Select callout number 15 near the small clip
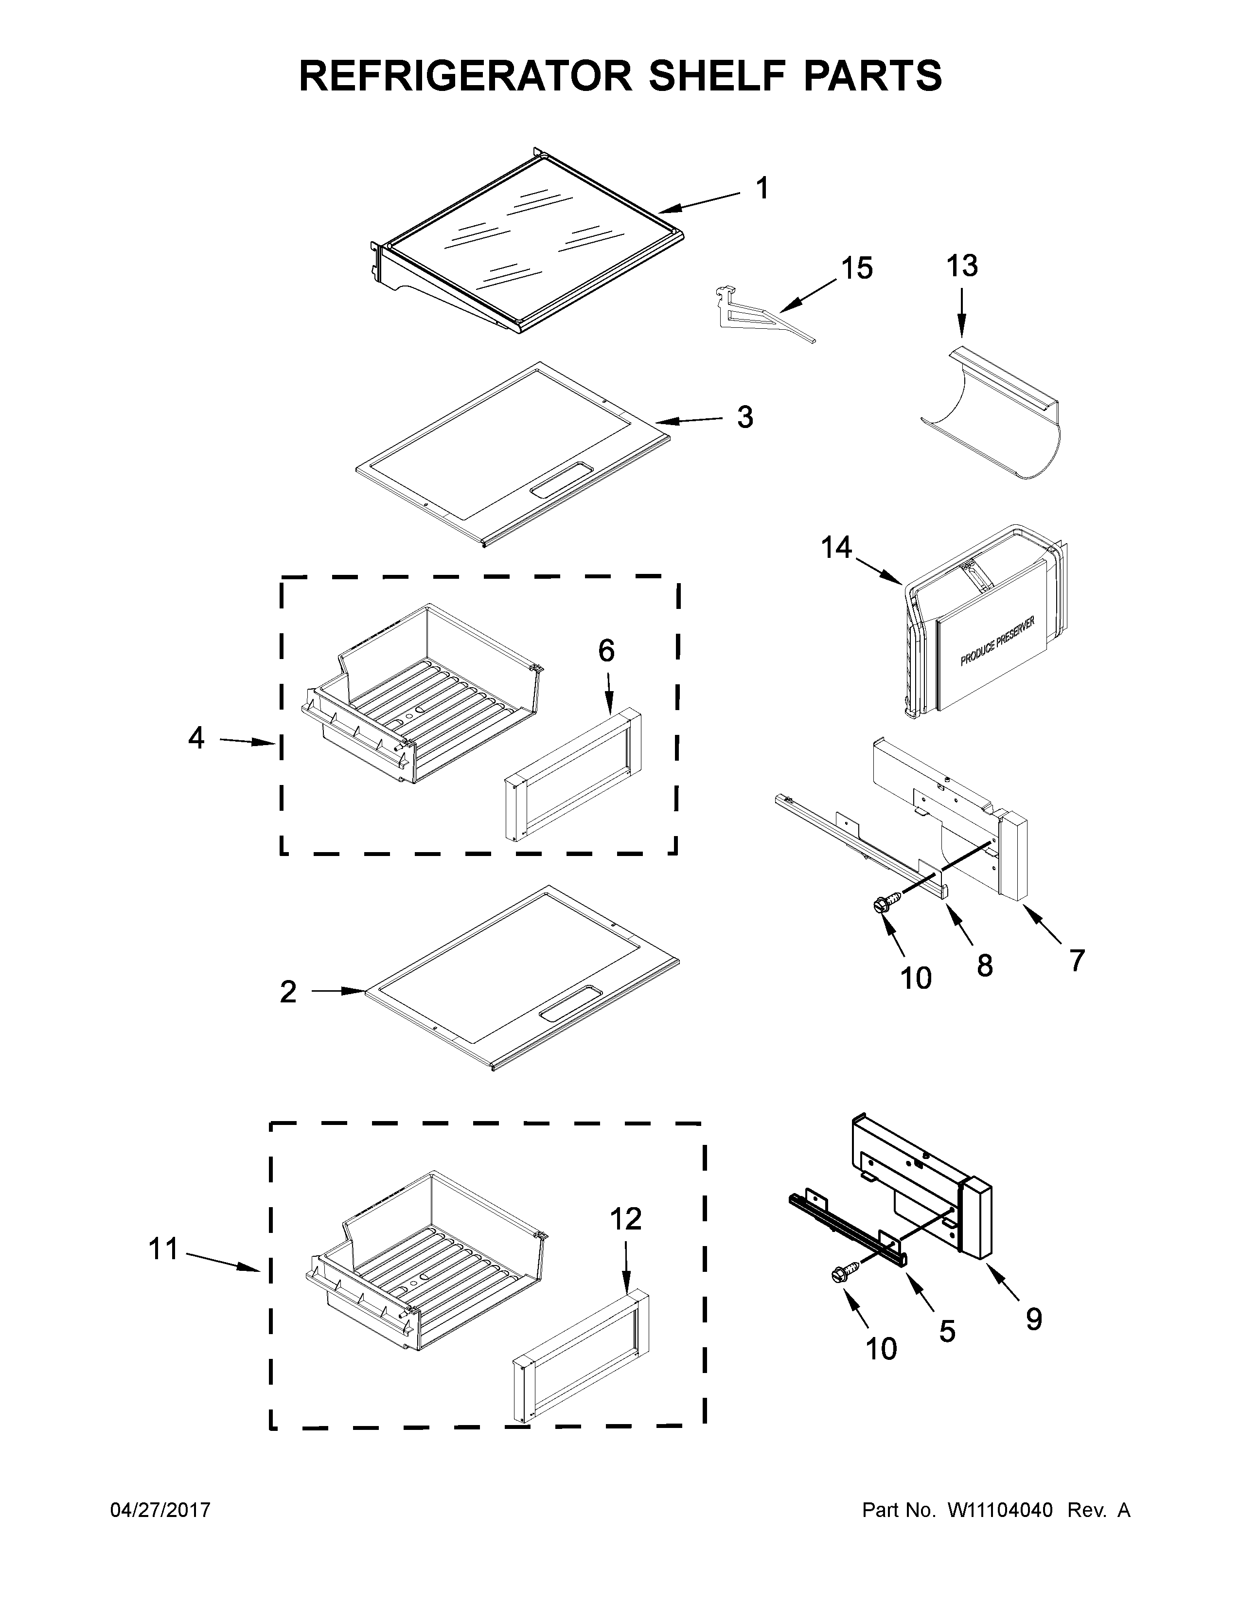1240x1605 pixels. point(856,268)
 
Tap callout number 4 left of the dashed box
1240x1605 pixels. point(195,737)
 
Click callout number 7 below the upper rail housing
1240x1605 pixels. point(1076,960)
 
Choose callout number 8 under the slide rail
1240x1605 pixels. point(984,965)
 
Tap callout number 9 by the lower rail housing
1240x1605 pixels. point(1034,1320)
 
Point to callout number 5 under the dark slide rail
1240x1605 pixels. point(947,1331)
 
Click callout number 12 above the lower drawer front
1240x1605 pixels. point(626,1219)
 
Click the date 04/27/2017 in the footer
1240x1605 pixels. point(160,1510)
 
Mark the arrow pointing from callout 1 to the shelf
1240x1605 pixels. point(698,203)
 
